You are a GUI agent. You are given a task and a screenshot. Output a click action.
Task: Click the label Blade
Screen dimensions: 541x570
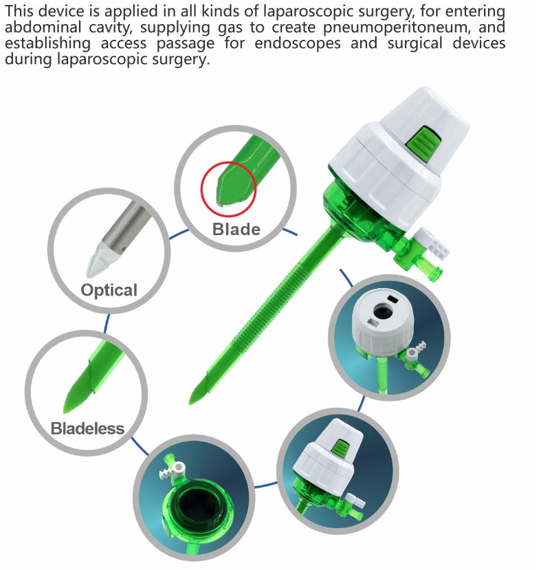[x=236, y=230]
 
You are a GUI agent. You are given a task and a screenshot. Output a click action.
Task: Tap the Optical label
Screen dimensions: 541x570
[x=109, y=290]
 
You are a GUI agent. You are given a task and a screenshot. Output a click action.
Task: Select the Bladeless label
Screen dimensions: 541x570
[x=87, y=428]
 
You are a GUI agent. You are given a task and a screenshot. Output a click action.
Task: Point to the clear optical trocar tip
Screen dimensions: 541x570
[x=98, y=261]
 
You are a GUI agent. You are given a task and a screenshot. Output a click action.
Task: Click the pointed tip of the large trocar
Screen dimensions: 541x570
[x=190, y=403]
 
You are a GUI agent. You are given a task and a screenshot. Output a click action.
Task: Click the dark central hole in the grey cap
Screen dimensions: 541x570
[x=383, y=311]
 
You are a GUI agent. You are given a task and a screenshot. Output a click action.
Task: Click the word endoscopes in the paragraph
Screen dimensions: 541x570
[x=298, y=43]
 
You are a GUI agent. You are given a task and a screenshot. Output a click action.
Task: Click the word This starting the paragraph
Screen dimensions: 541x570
[x=19, y=11]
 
